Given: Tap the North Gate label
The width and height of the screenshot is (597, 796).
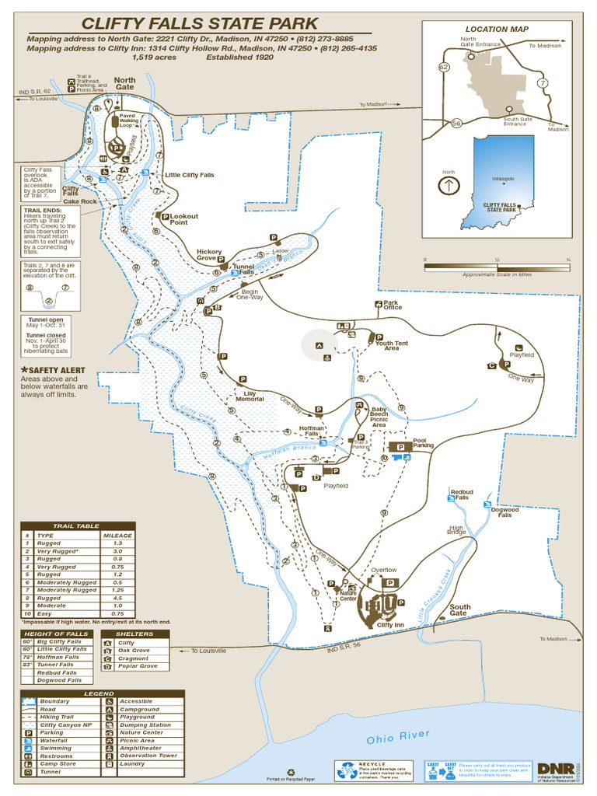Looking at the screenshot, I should [x=125, y=83].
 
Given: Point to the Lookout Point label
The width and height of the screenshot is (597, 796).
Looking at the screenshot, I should [x=183, y=219].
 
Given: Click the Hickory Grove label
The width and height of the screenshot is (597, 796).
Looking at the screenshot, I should [x=209, y=255].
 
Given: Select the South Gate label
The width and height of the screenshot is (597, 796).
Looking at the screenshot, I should [x=459, y=610].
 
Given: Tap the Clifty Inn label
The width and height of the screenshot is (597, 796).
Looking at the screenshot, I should [x=390, y=625].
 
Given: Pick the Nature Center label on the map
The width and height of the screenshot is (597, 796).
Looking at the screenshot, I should [x=347, y=595].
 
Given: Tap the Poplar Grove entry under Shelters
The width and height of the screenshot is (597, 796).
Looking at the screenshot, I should [x=138, y=666].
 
